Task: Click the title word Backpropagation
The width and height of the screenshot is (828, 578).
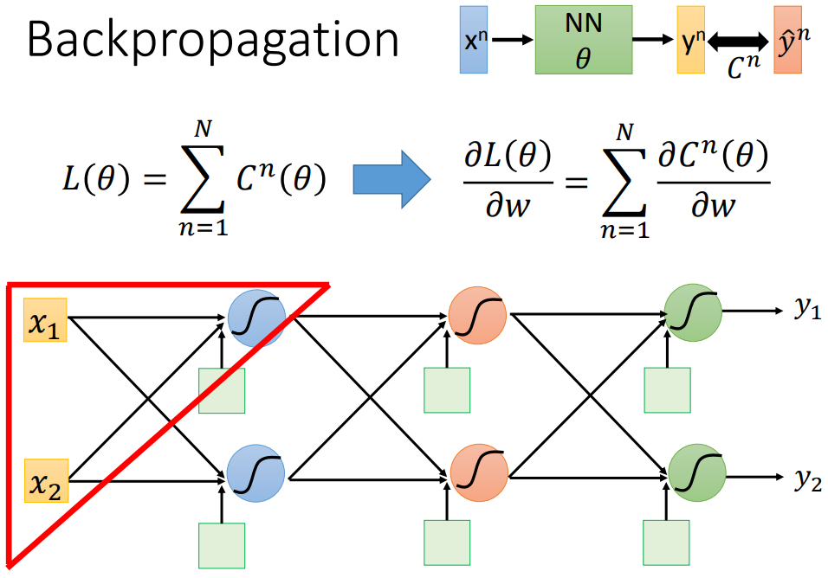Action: (213, 42)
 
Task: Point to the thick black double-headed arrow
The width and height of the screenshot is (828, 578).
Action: (738, 41)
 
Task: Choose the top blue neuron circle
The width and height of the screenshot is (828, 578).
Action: (256, 318)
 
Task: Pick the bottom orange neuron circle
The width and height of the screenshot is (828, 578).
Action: (477, 472)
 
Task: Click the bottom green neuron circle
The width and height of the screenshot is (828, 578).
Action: (696, 472)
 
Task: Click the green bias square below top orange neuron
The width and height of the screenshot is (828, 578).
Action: (447, 390)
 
